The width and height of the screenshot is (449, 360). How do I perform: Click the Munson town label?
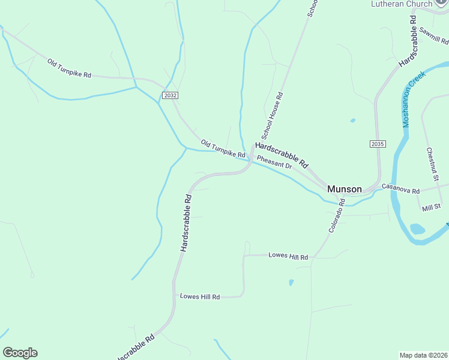(x=345, y=189)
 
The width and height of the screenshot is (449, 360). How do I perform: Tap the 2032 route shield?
(x=170, y=95)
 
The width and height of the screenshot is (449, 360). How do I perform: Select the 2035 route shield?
(x=377, y=144)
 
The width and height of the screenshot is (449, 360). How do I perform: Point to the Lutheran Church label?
(x=402, y=4)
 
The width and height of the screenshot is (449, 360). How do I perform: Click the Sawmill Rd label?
(x=434, y=35)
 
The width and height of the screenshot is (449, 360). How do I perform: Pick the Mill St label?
(x=431, y=207)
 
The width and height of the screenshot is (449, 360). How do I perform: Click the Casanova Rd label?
(x=400, y=189)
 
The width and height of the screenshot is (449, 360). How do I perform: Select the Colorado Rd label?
(x=337, y=217)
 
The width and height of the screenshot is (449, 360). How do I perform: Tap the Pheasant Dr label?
(x=274, y=163)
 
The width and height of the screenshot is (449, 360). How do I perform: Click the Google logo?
(x=20, y=352)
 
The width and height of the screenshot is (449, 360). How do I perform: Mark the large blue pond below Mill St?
(x=417, y=229)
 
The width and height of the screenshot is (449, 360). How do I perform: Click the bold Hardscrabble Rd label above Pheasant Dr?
(x=282, y=155)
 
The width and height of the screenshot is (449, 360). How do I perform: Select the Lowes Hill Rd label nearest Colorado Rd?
(x=288, y=257)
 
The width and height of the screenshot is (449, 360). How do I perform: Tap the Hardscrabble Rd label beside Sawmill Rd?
(x=408, y=41)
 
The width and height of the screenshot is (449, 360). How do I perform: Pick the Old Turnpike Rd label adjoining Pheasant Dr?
(x=223, y=149)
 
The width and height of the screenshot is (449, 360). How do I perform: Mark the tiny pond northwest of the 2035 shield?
(x=352, y=121)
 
